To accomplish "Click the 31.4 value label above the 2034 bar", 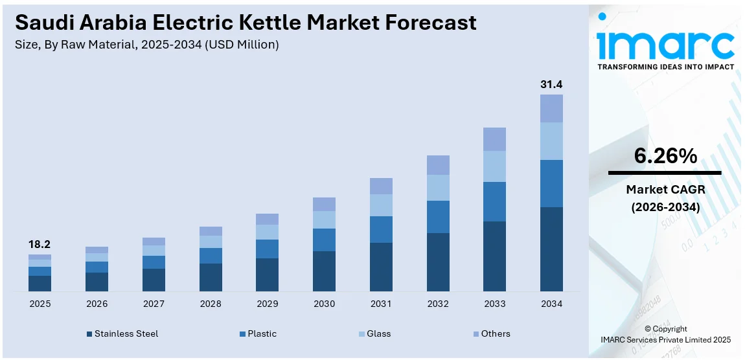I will [551, 85].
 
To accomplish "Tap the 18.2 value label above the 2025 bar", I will [40, 245].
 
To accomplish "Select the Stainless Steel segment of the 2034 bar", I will [551, 249].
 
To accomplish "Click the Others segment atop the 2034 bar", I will [551, 108].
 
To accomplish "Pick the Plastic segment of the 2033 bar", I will [494, 201].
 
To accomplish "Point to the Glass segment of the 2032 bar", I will [438, 188].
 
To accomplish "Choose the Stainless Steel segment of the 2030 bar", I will [324, 271].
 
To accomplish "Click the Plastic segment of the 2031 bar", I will [381, 229].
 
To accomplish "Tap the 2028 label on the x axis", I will [211, 304].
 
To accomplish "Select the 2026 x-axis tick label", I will [97, 304].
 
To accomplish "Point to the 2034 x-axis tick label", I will [551, 304].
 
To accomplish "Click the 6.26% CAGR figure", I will [665, 156].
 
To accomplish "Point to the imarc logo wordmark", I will [665, 44].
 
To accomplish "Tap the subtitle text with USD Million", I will [146, 44].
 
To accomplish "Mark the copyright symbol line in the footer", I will [665, 329].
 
